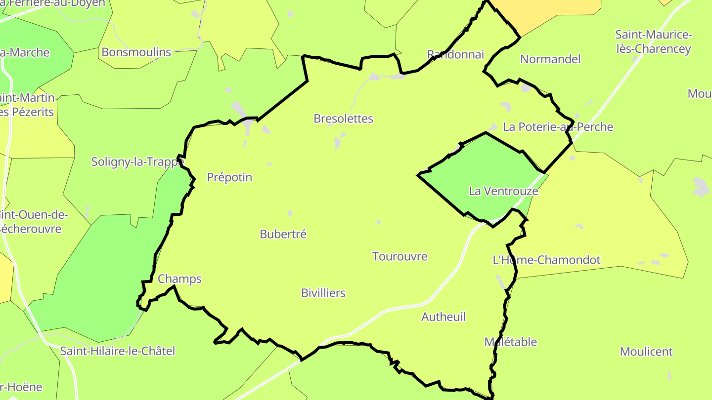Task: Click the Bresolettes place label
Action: click(x=343, y=119)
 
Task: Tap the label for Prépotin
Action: click(x=229, y=177)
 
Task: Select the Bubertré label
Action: click(x=283, y=234)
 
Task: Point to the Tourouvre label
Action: click(x=400, y=256)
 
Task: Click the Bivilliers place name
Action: click(x=323, y=293)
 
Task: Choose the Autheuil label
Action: click(x=444, y=317)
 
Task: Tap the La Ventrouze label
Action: click(x=503, y=191)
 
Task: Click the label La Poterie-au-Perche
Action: click(x=558, y=127)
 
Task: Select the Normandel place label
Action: click(x=550, y=59)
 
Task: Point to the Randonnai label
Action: click(x=455, y=54)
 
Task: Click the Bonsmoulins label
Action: click(x=136, y=52)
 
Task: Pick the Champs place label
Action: click(x=179, y=279)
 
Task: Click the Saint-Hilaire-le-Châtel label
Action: click(x=118, y=351)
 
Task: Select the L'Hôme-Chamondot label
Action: click(x=546, y=260)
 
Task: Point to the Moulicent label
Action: click(x=646, y=352)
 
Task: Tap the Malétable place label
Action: click(x=510, y=342)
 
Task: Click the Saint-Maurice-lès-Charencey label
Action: click(x=653, y=42)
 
